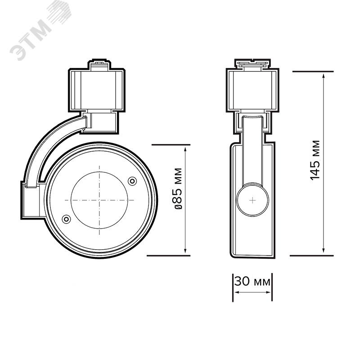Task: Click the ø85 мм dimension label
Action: coord(178,189)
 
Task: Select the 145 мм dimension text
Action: coord(315,160)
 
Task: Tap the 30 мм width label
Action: coord(252,281)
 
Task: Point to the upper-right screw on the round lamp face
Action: coord(132,181)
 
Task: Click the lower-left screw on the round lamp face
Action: coord(66,219)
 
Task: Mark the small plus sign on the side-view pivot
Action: coord(252,200)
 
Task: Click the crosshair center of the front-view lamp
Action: coord(99,200)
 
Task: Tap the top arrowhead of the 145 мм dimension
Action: coord(324,76)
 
